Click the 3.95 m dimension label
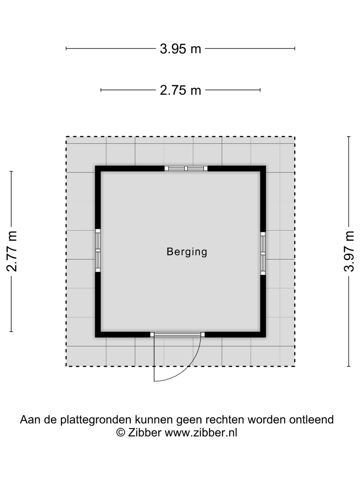click(180, 49)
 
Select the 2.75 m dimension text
click(180, 90)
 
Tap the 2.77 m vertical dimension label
click(12, 251)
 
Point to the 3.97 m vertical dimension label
click(349, 251)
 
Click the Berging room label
click(187, 252)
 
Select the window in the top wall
click(186, 168)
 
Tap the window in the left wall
click(98, 250)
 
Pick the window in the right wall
click(263, 253)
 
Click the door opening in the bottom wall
click(177, 334)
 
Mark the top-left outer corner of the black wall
click(95, 166)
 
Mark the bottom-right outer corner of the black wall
click(266, 337)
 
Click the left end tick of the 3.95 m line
click(66, 49)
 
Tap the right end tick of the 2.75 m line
click(260, 90)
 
